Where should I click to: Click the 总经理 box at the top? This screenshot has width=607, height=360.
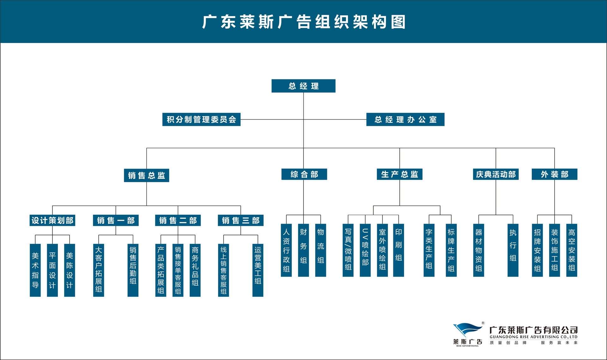[303, 86]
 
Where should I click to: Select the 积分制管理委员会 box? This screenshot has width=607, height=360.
[201, 119]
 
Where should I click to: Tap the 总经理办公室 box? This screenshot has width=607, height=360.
[405, 119]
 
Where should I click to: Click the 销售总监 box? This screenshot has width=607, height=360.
[146, 175]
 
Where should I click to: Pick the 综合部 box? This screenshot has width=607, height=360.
[304, 174]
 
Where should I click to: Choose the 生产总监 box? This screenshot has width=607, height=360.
[400, 174]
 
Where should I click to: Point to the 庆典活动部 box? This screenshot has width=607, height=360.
[496, 174]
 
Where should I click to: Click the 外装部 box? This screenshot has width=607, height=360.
[555, 174]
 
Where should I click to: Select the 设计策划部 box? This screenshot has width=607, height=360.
[52, 220]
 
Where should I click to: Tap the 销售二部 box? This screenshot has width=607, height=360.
[178, 220]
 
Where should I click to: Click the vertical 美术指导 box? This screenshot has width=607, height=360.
[35, 270]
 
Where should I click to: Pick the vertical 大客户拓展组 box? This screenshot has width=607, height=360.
[99, 270]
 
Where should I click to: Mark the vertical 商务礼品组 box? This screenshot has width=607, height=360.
[195, 270]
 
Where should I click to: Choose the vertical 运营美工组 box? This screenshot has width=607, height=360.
[258, 270]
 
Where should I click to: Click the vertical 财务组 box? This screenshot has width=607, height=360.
[303, 250]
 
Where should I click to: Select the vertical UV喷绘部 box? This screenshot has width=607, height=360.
[365, 250]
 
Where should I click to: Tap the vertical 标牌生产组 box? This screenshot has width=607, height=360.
[451, 250]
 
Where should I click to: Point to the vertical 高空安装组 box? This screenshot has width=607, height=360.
[572, 250]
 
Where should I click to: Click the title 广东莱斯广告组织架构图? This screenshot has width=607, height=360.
[303, 22]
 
